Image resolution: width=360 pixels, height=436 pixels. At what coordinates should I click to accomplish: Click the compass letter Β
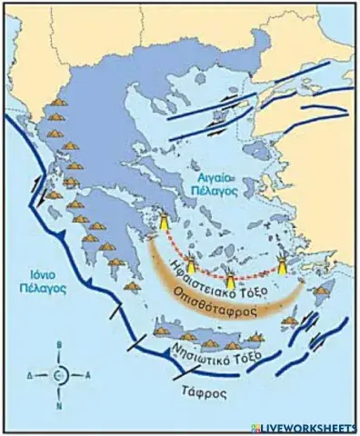pyautogui.click(x=60, y=345)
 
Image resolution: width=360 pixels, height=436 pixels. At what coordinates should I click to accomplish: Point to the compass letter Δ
pyautogui.click(x=29, y=374)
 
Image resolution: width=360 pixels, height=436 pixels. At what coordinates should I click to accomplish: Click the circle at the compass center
pyautogui.click(x=60, y=374)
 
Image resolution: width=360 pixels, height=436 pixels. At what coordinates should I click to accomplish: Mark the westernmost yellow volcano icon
pyautogui.click(x=165, y=222)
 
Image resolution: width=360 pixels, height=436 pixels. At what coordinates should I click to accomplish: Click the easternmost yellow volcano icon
pyautogui.click(x=284, y=264)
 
